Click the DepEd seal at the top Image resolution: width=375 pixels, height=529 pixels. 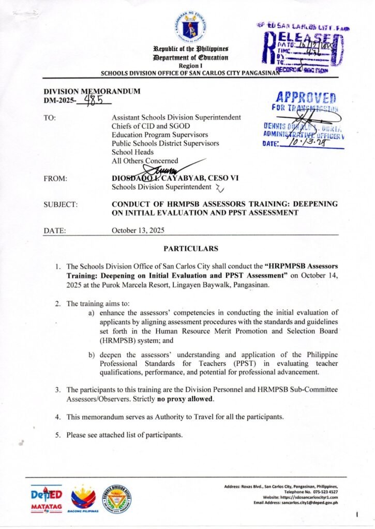187,26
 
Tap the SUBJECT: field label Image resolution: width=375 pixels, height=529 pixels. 61,205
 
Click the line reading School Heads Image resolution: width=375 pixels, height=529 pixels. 132,152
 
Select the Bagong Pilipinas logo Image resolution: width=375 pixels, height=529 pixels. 83,500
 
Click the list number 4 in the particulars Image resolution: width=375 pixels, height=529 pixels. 58,417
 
